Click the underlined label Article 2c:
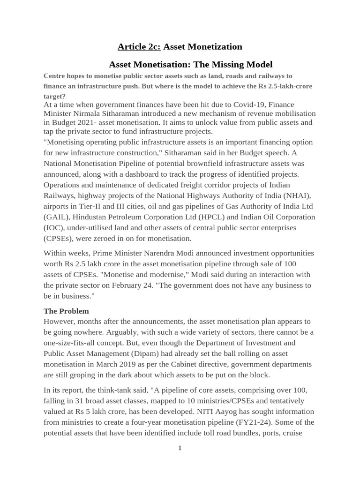pyautogui.click(x=139, y=47)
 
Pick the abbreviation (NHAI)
pyautogui.click(x=300, y=195)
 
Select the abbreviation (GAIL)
pyautogui.click(x=57, y=217)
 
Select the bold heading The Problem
pyautogui.click(x=66, y=311)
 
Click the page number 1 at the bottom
pyautogui.click(x=180, y=449)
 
